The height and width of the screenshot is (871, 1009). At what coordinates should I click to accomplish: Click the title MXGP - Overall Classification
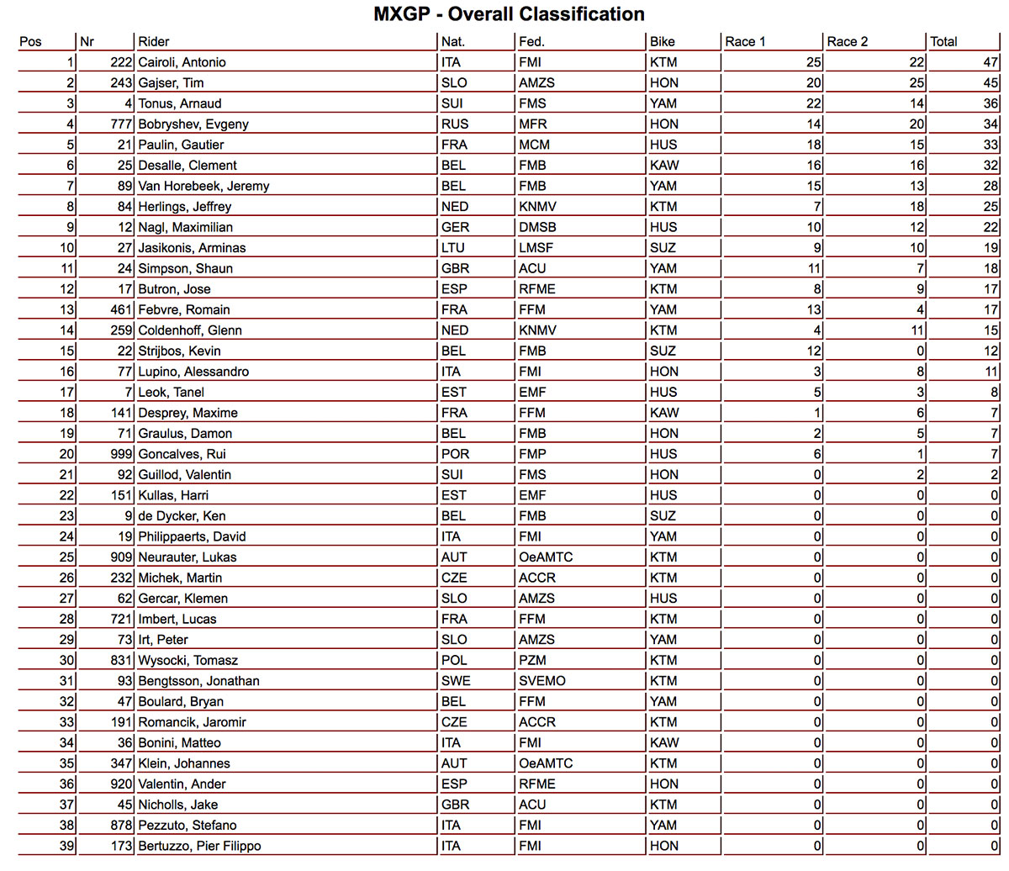point(509,14)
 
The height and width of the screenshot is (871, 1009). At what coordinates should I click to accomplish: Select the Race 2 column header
point(847,41)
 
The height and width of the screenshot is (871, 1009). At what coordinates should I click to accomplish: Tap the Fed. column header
point(531,41)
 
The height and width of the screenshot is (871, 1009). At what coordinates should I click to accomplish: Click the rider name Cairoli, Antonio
point(182,62)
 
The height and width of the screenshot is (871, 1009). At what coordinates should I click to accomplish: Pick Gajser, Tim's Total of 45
point(991,82)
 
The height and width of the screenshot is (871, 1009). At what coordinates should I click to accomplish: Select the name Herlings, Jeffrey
point(185,206)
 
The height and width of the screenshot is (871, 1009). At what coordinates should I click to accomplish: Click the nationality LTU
point(454,247)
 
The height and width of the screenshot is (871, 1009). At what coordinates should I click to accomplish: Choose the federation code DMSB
point(537,227)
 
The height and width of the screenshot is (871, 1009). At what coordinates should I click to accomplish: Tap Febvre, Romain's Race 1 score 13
point(813,309)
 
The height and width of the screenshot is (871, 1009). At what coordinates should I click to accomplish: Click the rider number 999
point(121,454)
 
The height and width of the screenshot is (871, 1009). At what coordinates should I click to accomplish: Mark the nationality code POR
point(455,454)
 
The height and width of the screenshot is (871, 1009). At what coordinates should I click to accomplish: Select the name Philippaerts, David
point(192,536)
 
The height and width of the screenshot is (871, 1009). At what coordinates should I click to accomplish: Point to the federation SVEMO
point(542,681)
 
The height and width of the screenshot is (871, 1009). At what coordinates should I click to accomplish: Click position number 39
point(66,846)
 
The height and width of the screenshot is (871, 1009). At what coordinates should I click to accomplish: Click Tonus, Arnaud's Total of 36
point(991,103)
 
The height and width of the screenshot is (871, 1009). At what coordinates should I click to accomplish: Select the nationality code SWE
point(456,681)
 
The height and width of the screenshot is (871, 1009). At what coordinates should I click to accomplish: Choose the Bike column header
point(663,41)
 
